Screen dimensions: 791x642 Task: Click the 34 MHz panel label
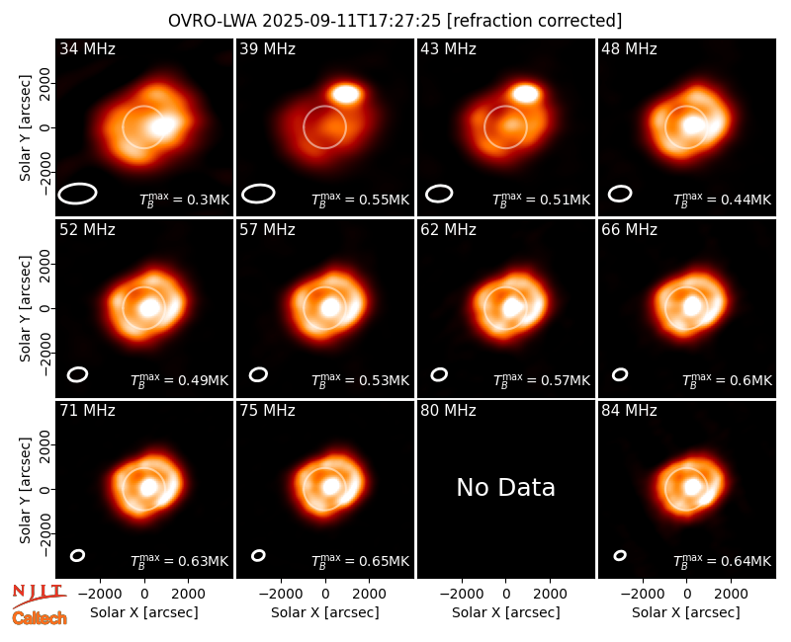coord(87,48)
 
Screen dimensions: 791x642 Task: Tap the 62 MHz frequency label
coord(448,230)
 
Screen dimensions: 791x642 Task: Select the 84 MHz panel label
coord(629,411)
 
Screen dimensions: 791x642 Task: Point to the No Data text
coord(506,487)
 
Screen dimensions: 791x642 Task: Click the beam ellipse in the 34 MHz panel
coord(77,194)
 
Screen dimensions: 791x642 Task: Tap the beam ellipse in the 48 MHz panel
coord(620,194)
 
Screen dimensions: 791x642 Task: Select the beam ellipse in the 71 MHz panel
coord(77,555)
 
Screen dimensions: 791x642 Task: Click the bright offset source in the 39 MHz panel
coord(346,94)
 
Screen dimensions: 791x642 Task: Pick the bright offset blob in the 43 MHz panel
coord(525,94)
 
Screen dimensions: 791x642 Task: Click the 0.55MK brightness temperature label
coord(360,200)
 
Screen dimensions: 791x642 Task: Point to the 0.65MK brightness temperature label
coord(360,561)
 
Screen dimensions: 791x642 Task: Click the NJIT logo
coord(39,595)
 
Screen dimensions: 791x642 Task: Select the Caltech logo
coord(40,618)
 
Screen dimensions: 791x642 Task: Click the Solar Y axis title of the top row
coord(25,128)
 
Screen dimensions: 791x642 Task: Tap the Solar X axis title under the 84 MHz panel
coord(686,612)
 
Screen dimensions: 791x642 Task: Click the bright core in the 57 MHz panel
coord(330,307)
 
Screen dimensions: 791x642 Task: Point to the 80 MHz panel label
coord(448,411)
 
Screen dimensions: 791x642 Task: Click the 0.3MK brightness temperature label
coord(184,200)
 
